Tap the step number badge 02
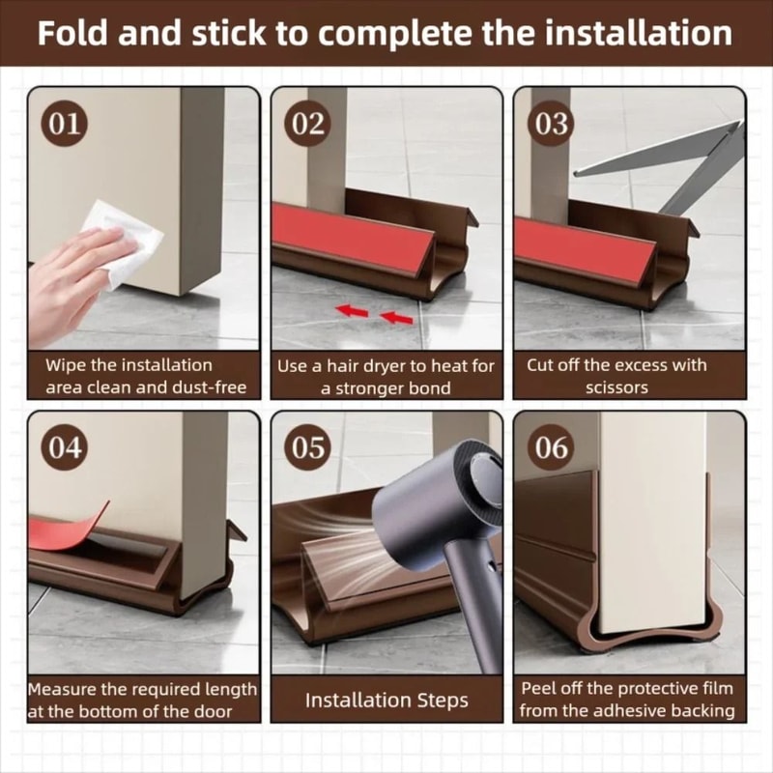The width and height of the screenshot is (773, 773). tap(310, 124)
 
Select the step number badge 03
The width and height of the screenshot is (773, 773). tap(552, 124)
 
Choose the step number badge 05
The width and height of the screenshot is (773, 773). tap(310, 447)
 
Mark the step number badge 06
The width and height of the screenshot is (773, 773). tap(552, 447)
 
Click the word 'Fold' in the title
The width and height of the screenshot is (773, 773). tap(75, 33)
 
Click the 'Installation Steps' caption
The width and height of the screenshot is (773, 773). tap(386, 701)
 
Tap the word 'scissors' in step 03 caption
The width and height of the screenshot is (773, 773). tap(616, 387)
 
